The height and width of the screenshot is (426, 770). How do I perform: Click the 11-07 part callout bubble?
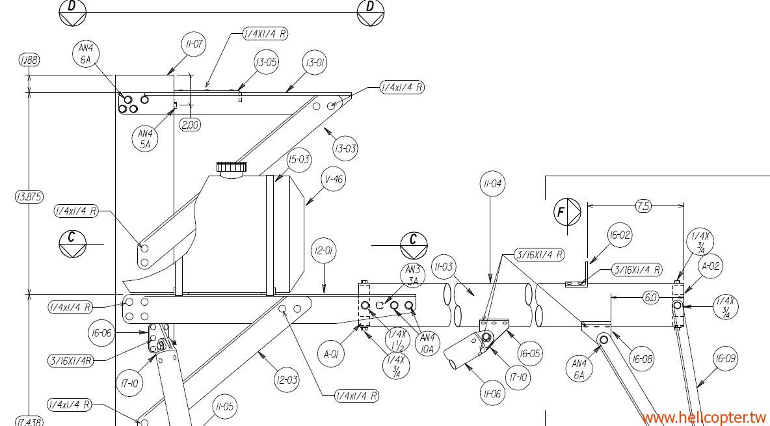point(192,45)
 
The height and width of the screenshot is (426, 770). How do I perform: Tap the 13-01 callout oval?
point(315,63)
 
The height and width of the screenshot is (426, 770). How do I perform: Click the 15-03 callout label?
point(299,159)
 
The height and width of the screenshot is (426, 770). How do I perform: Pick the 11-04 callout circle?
point(492,184)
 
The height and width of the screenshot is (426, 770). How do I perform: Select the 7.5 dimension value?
point(643,206)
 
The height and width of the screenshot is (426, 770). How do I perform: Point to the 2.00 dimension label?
point(191,125)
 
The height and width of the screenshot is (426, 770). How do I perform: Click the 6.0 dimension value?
point(650,297)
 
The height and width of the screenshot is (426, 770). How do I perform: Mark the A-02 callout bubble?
point(711,266)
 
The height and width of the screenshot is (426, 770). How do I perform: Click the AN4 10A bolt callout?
point(427,341)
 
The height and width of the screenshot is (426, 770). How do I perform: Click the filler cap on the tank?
point(232,168)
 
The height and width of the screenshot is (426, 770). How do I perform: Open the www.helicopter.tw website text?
point(704,417)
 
